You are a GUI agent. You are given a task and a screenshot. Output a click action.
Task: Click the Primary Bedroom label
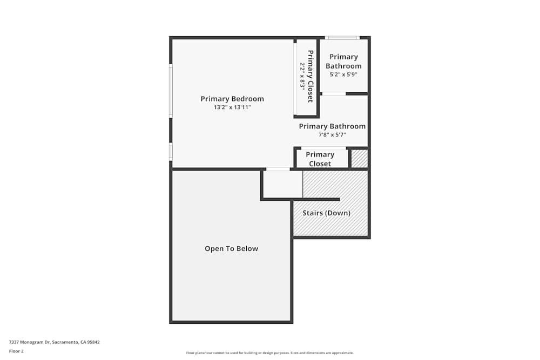tap(232, 99)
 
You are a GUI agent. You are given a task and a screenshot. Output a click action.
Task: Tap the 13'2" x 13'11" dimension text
tap(232, 107)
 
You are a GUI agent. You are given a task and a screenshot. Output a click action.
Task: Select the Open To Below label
tap(231, 249)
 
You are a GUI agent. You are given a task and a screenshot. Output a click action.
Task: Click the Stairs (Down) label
tap(326, 213)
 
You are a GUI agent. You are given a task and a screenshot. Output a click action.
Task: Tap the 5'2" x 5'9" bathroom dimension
tap(343, 74)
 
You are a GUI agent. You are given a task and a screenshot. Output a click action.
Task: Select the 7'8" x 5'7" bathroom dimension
tap(332, 135)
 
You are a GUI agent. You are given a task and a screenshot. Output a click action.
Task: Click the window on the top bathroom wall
tap(342, 38)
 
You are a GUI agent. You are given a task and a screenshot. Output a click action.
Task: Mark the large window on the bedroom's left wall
tap(171, 91)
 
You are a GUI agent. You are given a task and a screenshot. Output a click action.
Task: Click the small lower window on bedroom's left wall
tap(171, 151)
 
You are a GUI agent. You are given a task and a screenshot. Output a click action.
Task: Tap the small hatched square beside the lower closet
tap(360, 159)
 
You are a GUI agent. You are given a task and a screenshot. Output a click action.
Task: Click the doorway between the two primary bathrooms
tap(334, 94)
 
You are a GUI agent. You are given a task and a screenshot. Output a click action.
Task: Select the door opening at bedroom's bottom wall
tap(278, 169)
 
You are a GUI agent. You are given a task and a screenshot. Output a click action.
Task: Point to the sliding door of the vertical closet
tap(295, 78)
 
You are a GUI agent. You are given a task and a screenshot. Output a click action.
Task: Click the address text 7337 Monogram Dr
tap(54, 342)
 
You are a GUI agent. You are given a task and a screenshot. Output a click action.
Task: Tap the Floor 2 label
tap(16, 351)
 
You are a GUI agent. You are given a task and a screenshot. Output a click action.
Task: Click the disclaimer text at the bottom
tap(270, 353)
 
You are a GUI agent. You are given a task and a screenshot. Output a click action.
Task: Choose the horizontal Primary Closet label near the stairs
tap(320, 159)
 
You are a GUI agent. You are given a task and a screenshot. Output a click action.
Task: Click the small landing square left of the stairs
tap(282, 185)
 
